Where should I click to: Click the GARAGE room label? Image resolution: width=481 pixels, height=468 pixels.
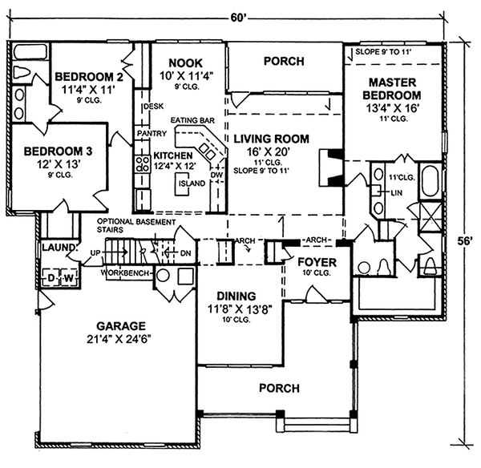point(121,326)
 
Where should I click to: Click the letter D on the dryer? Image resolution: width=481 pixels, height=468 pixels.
point(50,278)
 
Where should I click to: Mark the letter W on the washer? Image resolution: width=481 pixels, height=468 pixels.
point(68,278)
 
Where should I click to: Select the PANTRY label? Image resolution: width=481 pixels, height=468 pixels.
point(151,132)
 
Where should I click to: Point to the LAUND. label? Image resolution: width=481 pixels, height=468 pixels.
point(57,248)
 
